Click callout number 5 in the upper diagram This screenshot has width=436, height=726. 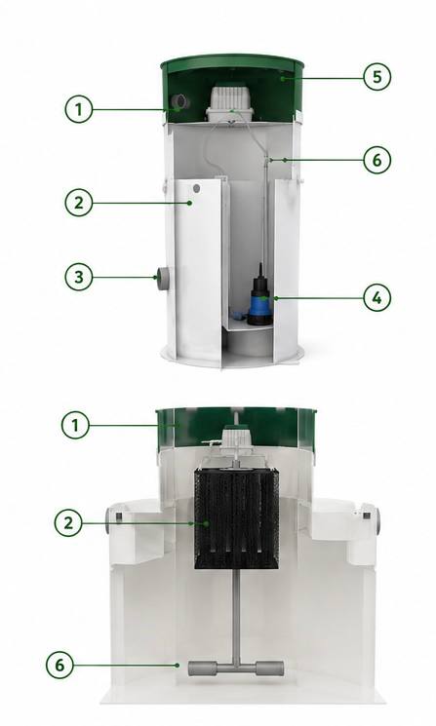[377, 76]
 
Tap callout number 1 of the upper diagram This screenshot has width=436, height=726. [79, 109]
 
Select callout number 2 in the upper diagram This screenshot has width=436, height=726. [79, 203]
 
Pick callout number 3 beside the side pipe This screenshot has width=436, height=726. [79, 277]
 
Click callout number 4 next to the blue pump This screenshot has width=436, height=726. [377, 298]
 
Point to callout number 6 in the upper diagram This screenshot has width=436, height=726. [377, 160]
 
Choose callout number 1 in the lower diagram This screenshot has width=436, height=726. [75, 425]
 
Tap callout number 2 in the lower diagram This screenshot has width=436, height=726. [68, 523]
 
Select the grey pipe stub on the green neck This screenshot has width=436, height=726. [179, 101]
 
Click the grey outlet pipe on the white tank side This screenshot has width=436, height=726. [163, 279]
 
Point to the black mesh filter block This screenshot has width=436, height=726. [237, 518]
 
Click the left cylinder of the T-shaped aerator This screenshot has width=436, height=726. [202, 669]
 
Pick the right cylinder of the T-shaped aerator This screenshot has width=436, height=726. [269, 669]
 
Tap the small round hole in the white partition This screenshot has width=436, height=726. [196, 188]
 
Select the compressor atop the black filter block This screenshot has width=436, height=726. [236, 439]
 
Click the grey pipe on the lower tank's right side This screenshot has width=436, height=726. [376, 521]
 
